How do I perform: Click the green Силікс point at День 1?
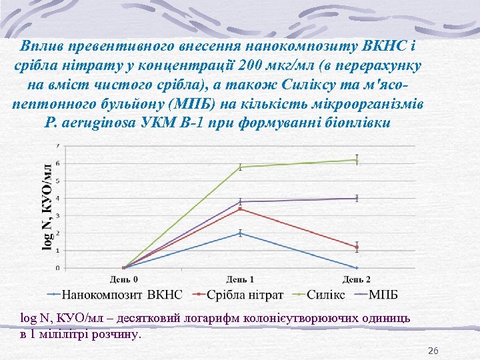click(x=240, y=167)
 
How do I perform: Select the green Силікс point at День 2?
click(x=357, y=159)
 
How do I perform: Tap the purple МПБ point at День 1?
click(x=240, y=201)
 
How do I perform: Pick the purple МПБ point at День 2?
click(x=357, y=198)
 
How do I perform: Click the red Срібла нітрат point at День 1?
click(x=240, y=209)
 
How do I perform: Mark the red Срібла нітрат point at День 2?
click(x=357, y=247)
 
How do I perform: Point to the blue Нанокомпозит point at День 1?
click(x=240, y=233)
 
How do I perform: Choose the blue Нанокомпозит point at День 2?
click(x=357, y=267)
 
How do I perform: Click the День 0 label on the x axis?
click(x=123, y=279)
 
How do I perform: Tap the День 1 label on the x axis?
click(x=240, y=279)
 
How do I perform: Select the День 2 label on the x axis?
click(x=357, y=279)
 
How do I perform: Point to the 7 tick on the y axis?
click(x=57, y=145)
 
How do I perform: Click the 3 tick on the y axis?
click(x=57, y=215)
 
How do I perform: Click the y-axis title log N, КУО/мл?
click(x=47, y=207)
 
